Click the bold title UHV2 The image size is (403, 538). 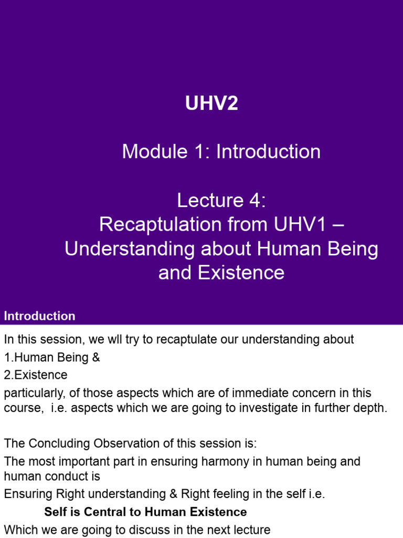pyautogui.click(x=211, y=104)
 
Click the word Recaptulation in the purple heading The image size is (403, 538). pyautogui.click(x=158, y=224)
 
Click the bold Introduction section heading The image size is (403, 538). pyautogui.click(x=40, y=316)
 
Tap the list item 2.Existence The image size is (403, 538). pyautogui.click(x=36, y=375)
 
